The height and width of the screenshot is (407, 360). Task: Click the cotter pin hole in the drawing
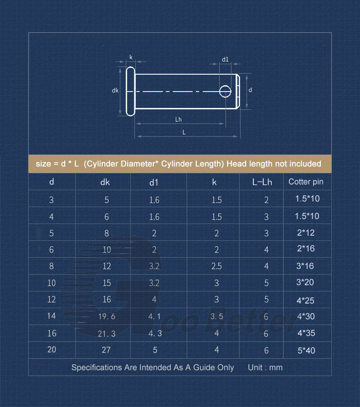[x=225, y=91]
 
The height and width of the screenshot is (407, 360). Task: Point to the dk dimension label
[x=115, y=90]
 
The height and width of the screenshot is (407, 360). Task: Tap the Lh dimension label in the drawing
[x=178, y=119]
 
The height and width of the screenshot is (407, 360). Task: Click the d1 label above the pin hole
[x=225, y=59]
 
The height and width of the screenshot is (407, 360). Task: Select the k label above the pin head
[x=131, y=57]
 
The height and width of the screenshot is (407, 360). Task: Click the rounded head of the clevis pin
[x=130, y=91]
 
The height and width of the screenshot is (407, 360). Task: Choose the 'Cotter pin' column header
[x=306, y=182]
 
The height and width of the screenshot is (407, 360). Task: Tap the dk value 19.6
[x=107, y=316]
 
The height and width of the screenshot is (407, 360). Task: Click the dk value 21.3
[x=107, y=333]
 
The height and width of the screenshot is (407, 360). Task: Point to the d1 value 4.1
[x=154, y=316]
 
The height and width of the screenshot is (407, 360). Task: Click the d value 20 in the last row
[x=52, y=349]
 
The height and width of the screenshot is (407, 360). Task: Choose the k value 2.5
[x=216, y=266]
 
